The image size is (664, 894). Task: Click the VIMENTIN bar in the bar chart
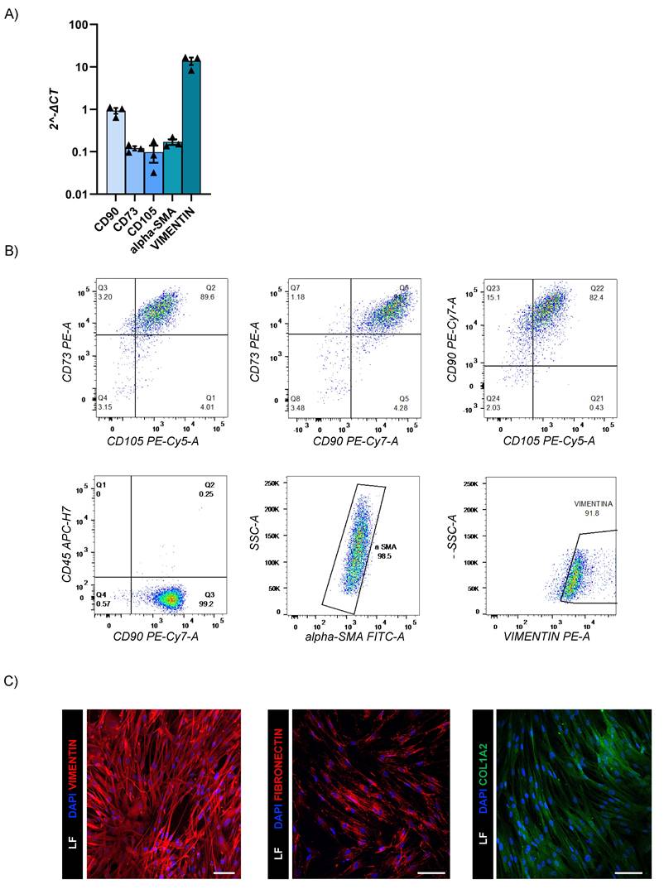click(x=191, y=128)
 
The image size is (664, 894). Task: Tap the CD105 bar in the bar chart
click(x=153, y=173)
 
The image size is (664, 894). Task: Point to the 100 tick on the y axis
click(x=78, y=24)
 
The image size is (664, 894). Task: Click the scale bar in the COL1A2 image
click(x=628, y=871)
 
